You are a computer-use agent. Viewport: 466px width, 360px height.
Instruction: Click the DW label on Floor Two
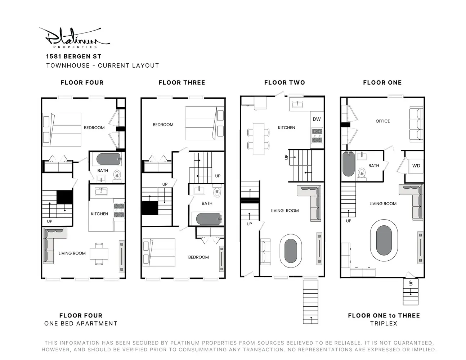pos(317,119)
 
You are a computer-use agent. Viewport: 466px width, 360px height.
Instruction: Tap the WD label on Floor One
pos(416,166)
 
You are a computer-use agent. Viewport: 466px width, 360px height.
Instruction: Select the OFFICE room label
pos(382,121)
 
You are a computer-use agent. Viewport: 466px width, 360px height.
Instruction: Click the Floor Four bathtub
pos(108,159)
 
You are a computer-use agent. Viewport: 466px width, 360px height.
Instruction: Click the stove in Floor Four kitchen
pos(119,211)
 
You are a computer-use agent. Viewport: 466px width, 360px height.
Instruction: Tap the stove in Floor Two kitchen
pos(317,135)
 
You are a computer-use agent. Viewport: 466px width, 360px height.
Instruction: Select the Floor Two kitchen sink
pos(297,104)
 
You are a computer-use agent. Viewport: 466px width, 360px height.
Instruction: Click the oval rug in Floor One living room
pos(384,240)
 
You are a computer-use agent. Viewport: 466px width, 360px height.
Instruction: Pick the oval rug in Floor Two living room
pos(291,251)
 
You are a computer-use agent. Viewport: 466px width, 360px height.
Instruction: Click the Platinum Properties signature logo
pos(75,38)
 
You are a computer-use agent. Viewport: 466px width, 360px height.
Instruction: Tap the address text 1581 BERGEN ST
pos(73,57)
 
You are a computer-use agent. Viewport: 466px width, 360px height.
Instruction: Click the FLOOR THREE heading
pos(182,82)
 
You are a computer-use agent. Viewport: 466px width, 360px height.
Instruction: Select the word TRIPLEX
pos(384,323)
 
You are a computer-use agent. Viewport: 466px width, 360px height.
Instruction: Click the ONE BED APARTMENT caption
pos(81,323)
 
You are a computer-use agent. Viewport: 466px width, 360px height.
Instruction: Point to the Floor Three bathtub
pos(209,219)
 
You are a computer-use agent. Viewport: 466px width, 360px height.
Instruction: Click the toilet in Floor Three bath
pos(217,192)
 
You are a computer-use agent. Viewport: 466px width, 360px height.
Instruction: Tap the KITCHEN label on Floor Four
pos(99,214)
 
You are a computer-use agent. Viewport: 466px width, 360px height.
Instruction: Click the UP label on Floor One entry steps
pos(411,283)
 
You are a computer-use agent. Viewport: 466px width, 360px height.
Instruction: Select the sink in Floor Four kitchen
pos(101,191)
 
